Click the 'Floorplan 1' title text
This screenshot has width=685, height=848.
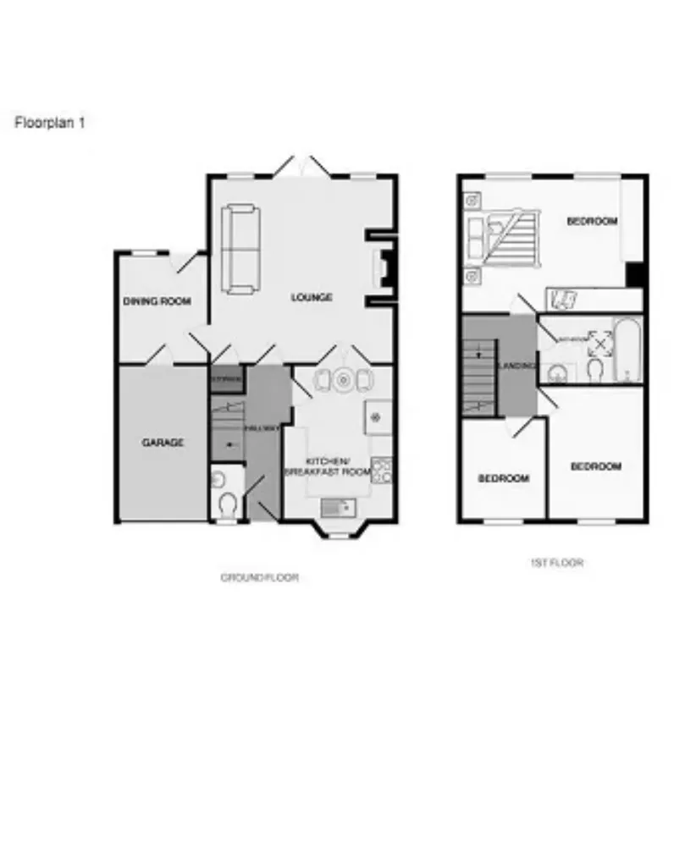click(50, 122)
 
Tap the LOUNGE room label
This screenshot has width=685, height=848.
click(312, 298)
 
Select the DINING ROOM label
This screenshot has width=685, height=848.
click(157, 301)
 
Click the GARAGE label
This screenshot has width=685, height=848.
click(162, 442)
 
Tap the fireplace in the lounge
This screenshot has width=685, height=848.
click(384, 270)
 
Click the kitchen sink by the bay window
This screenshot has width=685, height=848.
click(337, 507)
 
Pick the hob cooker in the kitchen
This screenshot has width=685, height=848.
click(382, 470)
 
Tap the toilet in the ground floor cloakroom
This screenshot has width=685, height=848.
click(226, 505)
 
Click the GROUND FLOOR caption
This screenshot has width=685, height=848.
click(259, 578)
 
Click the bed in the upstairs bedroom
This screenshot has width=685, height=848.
click(506, 234)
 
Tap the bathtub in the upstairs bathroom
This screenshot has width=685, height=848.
click(628, 350)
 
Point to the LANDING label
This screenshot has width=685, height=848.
click(517, 366)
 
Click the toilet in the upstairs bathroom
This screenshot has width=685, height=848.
click(595, 368)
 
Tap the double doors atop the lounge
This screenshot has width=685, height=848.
click(301, 168)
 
